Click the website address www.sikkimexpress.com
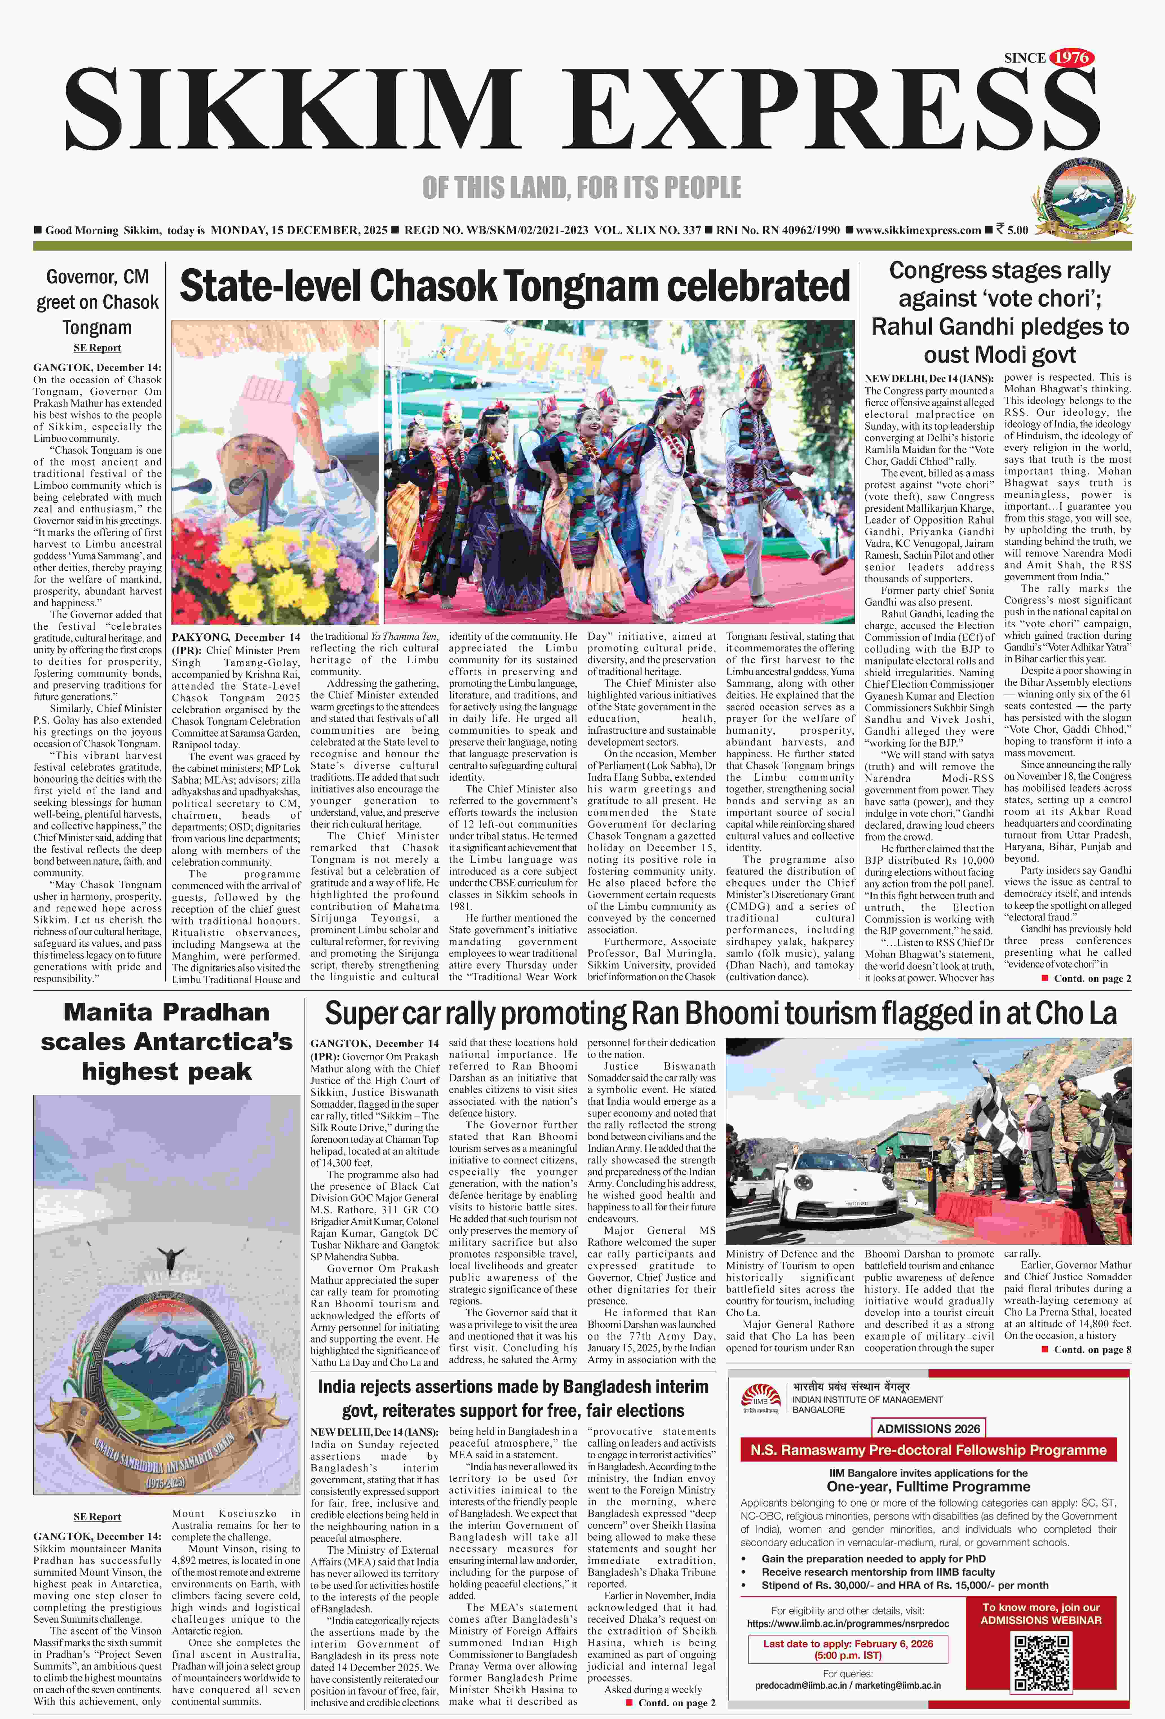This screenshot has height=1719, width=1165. point(918,230)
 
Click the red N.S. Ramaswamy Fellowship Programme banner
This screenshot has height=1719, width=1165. point(928,1450)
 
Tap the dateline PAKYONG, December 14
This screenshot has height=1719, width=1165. point(236,637)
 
